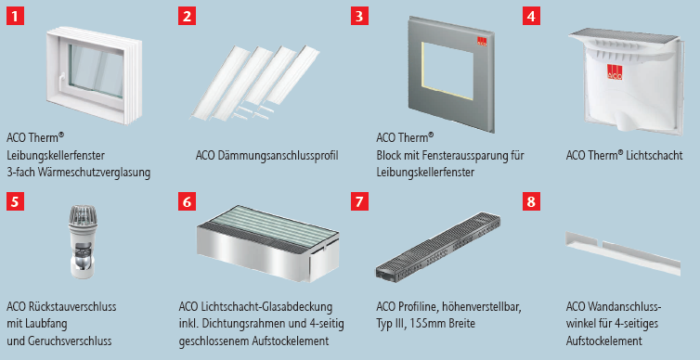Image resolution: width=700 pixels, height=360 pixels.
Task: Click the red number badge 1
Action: (x=13, y=16)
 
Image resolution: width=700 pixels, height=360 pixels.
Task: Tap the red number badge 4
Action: (x=531, y=16)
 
